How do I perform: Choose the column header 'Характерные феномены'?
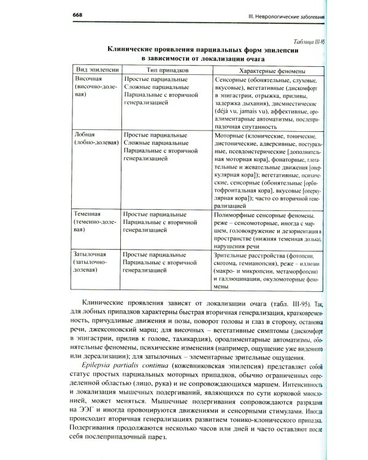pyautogui.click(x=267, y=71)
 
